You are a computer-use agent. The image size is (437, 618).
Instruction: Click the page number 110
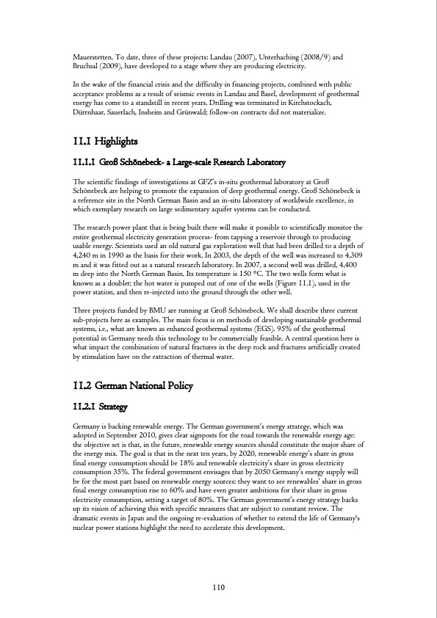[218, 586]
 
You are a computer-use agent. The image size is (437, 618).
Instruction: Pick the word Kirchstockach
[329, 103]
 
